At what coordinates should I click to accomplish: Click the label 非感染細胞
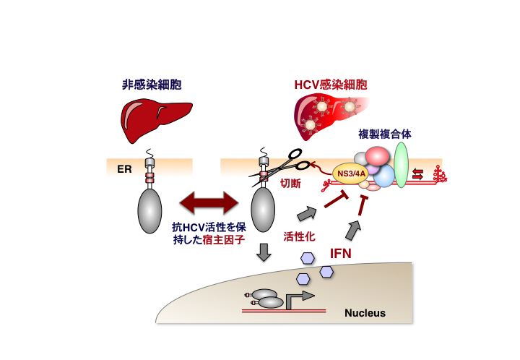coord(151,85)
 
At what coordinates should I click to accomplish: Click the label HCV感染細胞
coord(330,85)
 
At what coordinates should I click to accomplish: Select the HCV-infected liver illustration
coord(329,118)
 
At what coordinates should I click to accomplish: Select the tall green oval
coord(402,165)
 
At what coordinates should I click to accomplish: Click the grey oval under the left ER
coord(151,210)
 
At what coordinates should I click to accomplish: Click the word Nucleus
coord(365,313)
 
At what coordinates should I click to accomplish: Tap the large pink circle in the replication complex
coord(379,156)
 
